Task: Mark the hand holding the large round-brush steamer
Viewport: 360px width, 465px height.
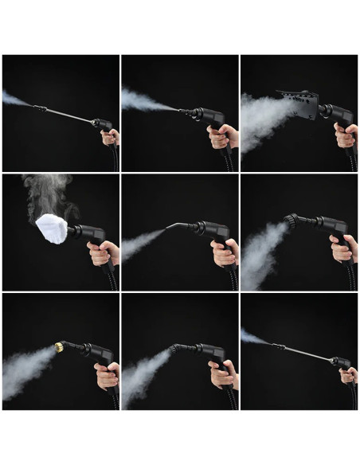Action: [343, 248]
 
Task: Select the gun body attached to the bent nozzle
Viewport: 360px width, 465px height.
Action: [211, 232]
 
